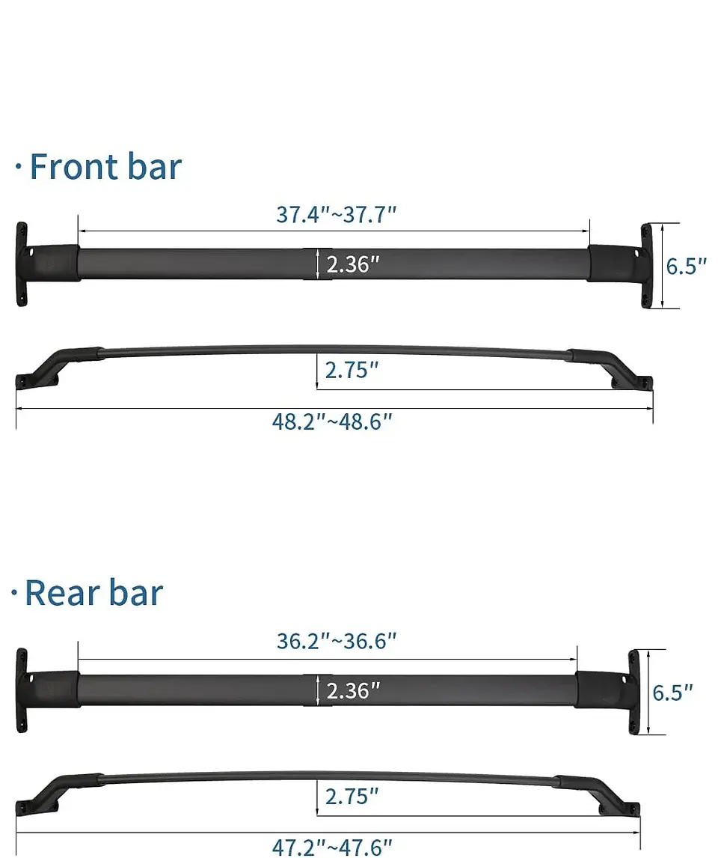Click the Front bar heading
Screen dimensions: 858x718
(x=105, y=166)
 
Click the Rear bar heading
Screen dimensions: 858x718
(x=93, y=593)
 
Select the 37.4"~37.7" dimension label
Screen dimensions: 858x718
(x=336, y=215)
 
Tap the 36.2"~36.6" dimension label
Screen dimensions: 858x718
(x=336, y=642)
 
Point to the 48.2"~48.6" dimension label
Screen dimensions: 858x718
(x=332, y=422)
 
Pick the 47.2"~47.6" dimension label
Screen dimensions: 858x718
(x=332, y=847)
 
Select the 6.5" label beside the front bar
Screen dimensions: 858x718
(x=686, y=266)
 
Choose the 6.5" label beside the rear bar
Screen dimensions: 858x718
(x=672, y=693)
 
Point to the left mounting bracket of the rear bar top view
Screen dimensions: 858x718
(x=23, y=690)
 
